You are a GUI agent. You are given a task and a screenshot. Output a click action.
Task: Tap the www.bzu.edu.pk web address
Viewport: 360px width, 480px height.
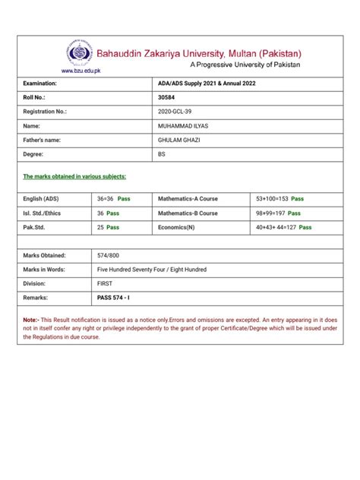tap(80, 71)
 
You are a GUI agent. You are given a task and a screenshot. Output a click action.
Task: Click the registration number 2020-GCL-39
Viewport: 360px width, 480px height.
tap(175, 112)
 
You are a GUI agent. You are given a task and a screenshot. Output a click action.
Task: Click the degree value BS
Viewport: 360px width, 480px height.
tap(160, 155)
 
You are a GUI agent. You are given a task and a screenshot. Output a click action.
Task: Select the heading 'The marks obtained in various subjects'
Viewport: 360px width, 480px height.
tap(74, 176)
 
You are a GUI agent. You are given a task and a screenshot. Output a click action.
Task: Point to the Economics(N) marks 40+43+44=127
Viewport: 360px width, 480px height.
tap(277, 227)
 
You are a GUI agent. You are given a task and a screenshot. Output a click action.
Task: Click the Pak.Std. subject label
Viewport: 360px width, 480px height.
tap(36, 227)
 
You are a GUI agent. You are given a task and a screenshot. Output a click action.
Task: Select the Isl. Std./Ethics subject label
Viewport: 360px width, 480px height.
tap(46, 213)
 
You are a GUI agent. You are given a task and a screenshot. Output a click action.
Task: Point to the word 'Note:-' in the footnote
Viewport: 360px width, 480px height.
tap(33, 321)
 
